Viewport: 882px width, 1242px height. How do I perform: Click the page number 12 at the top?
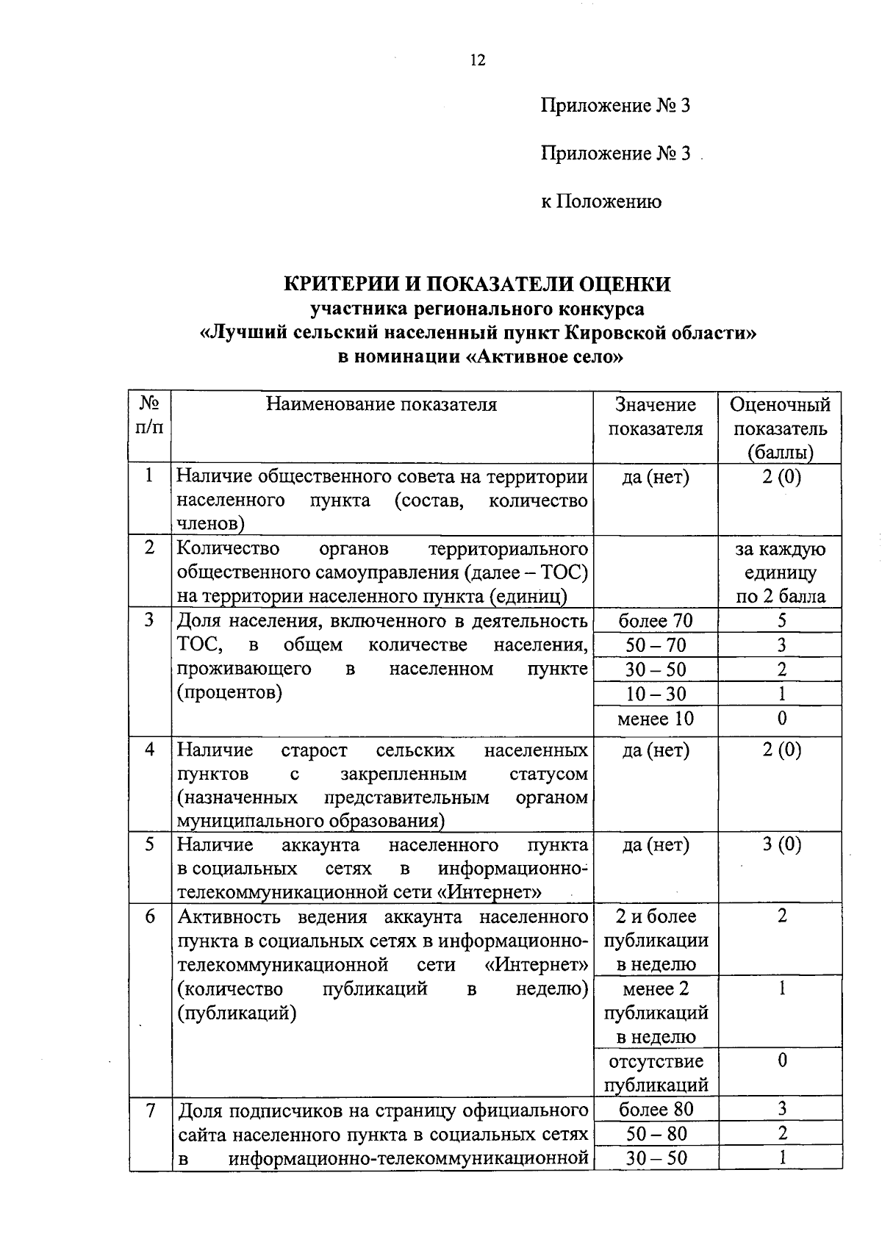478,60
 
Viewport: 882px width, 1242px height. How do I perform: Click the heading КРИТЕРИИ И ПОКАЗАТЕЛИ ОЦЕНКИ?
478,284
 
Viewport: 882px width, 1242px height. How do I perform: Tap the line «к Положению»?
601,201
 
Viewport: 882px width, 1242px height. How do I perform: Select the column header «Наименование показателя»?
381,405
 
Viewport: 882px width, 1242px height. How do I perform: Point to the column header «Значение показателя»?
656,417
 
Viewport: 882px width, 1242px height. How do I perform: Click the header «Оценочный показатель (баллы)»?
780,428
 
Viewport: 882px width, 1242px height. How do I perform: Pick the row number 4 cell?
150,750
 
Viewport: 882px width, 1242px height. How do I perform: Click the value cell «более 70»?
656,621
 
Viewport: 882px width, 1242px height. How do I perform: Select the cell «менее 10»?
656,719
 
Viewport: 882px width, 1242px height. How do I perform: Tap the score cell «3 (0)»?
781,845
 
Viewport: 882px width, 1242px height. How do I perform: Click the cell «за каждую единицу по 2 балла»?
781,572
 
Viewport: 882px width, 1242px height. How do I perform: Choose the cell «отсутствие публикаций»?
656,1073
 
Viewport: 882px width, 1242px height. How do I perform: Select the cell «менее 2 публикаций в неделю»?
656,1013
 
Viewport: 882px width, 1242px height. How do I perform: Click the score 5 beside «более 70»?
781,621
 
